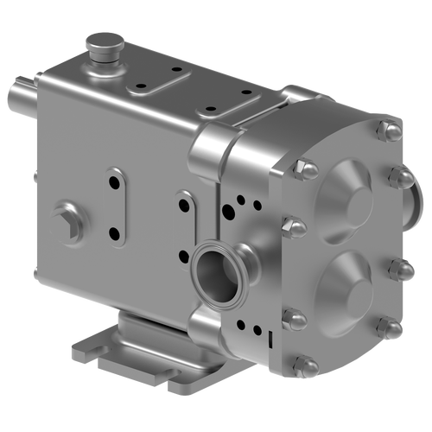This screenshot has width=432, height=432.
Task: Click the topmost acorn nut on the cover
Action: tap(386, 130)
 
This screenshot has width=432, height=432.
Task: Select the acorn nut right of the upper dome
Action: tap(399, 178)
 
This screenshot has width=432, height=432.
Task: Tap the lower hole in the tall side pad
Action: tap(113, 232)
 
